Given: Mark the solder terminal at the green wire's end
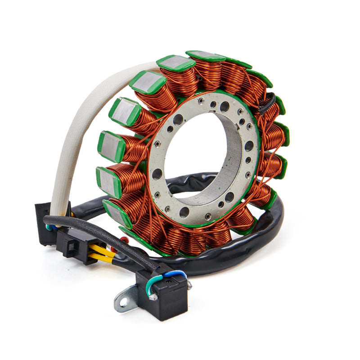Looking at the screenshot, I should point(154,297).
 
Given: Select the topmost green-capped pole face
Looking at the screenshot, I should point(205,55).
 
